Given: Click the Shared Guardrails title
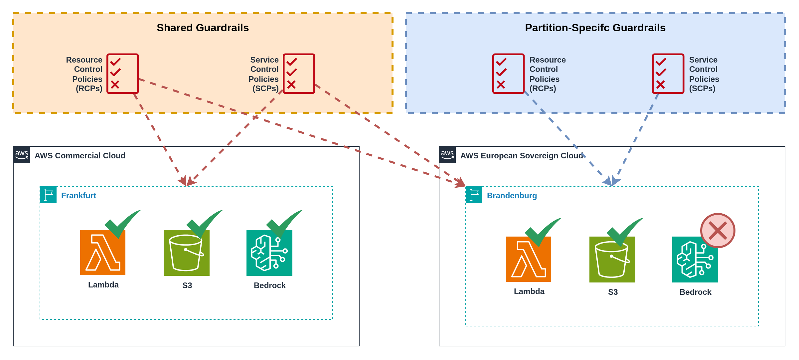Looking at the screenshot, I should [203, 28].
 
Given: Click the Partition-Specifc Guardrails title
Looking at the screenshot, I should [595, 28].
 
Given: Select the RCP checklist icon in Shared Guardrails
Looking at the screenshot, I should [122, 74].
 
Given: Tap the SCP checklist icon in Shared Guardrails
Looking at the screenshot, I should [299, 74].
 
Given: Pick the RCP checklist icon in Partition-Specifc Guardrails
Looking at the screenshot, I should [508, 74].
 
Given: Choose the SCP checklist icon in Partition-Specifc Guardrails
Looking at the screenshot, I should [668, 74].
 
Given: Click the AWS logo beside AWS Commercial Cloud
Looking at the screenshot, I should [22, 155].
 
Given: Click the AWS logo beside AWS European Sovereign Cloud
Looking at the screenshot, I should [447, 155].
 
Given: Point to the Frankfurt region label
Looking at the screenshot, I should [79, 196].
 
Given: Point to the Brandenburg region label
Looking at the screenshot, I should [512, 196].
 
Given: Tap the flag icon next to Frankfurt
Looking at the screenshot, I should [48, 195].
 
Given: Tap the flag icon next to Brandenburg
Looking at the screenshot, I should [474, 195].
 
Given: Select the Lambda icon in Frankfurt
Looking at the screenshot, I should [103, 253].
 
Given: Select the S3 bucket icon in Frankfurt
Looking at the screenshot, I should [187, 253].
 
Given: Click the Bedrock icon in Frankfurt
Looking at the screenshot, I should [269, 253].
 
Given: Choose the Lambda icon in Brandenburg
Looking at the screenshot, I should [529, 259].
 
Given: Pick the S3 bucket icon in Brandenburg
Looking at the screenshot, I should [612, 260].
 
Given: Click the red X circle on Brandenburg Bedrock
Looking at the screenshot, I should [718, 231].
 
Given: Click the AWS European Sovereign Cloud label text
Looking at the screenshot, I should [522, 156].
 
